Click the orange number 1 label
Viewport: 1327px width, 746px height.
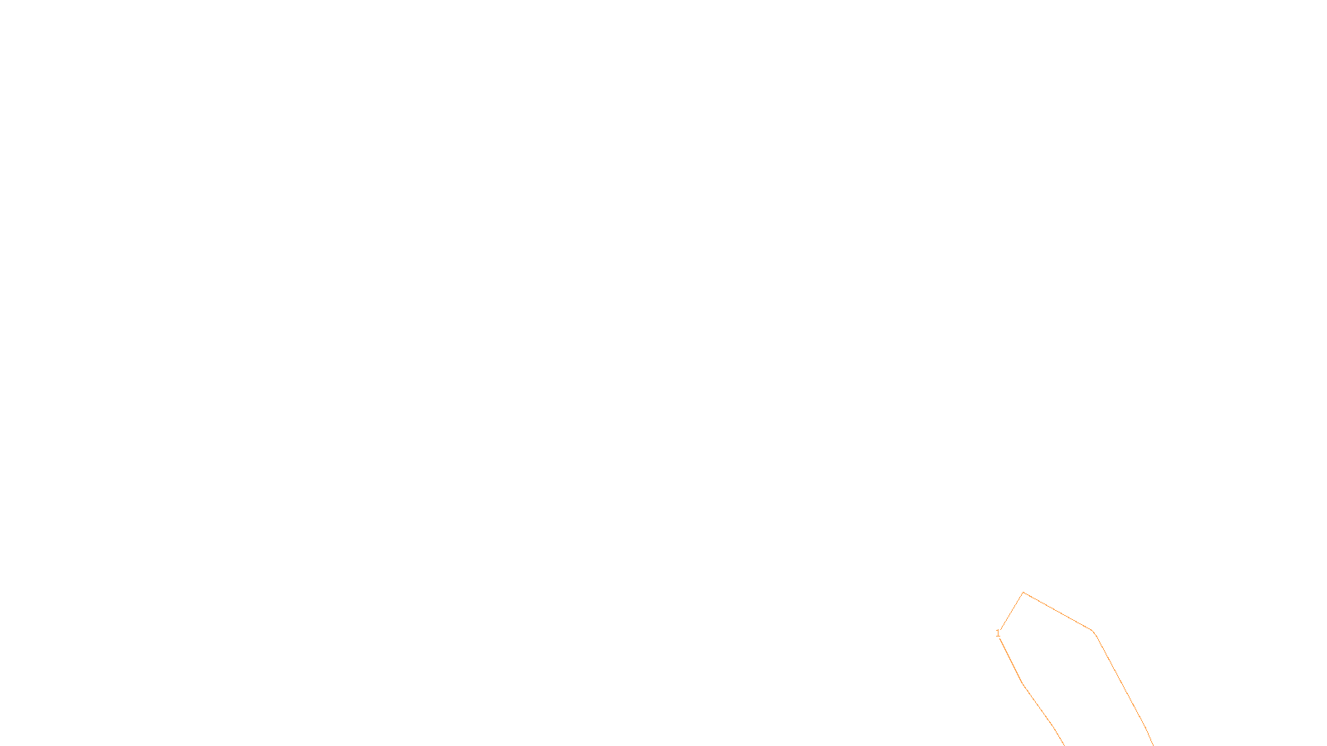point(998,633)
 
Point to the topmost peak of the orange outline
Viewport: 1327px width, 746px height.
point(1023,592)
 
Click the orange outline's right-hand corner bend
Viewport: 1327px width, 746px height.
point(1094,632)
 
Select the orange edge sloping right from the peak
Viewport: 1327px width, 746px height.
point(1057,611)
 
